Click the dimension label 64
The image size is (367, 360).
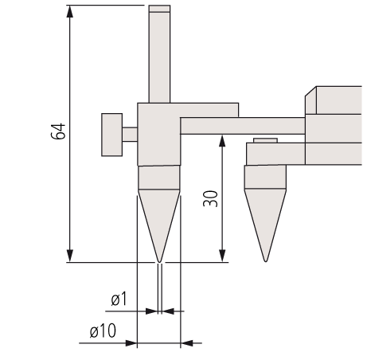click(58, 131)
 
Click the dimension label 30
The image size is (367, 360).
click(210, 198)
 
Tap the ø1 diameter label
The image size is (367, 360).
click(119, 299)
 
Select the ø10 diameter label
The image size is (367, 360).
click(103, 331)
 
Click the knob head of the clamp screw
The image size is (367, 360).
click(112, 135)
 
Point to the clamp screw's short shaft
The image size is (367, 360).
click(130, 135)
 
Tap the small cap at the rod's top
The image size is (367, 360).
click(159, 9)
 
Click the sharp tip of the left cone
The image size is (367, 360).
click(159, 262)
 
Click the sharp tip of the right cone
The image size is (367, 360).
click(265, 261)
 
